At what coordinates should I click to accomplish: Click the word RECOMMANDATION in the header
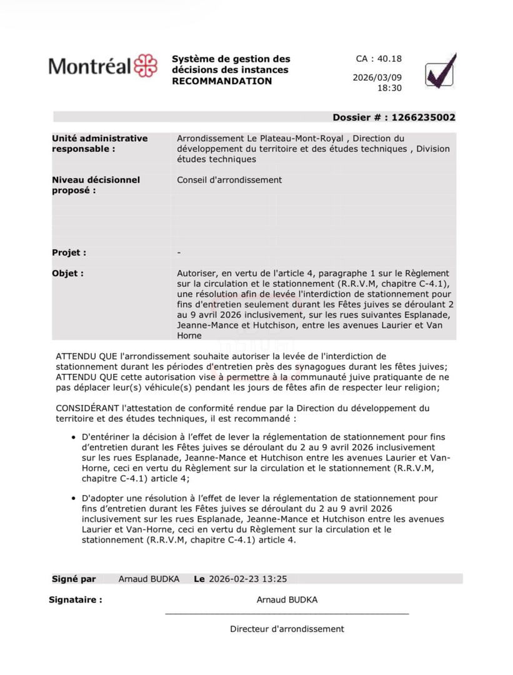point(222,81)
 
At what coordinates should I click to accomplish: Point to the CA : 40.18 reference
point(379,59)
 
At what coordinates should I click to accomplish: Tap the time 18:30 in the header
point(389,89)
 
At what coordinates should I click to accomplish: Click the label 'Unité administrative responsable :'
point(99,144)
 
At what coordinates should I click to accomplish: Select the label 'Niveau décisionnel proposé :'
point(96,185)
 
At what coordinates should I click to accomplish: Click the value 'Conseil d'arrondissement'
point(229,180)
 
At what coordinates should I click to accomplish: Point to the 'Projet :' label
point(69,253)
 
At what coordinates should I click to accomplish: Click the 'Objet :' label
point(67,273)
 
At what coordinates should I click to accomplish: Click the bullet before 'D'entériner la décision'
point(74,437)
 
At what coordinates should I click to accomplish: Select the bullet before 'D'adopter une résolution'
point(74,499)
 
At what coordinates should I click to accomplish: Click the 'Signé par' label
point(74,579)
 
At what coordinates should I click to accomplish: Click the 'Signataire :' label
point(76,600)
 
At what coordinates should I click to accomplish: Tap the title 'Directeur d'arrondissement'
point(287,629)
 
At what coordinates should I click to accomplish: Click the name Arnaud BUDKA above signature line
point(287,600)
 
